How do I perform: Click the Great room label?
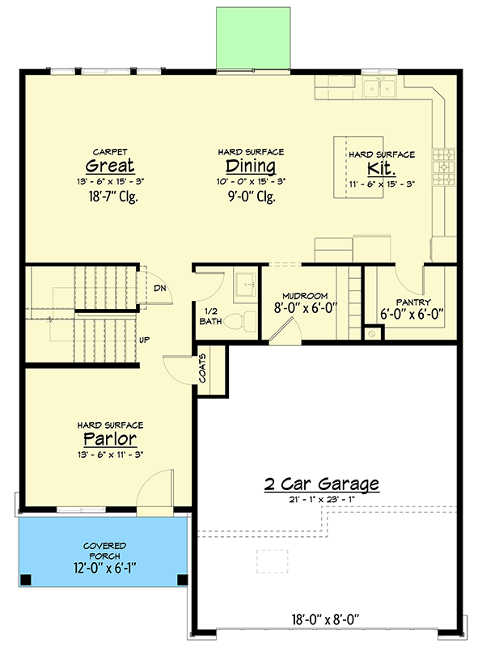tap(110, 166)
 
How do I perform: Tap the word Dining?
tap(251, 166)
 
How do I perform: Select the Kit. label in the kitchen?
tap(381, 168)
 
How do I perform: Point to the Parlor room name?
tap(110, 439)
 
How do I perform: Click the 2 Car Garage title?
tap(322, 484)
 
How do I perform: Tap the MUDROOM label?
tap(305, 296)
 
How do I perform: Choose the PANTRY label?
tap(413, 302)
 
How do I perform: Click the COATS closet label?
tap(203, 368)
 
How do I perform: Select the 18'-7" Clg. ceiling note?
tap(113, 197)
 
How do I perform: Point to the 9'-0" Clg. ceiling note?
tap(252, 197)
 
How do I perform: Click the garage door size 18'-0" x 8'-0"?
tap(326, 620)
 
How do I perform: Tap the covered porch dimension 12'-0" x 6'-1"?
tap(105, 569)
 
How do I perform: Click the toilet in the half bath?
tap(240, 321)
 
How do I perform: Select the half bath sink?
tap(245, 285)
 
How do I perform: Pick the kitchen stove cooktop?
tap(444, 167)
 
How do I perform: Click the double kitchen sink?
tap(379, 87)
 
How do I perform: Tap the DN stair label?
tap(159, 288)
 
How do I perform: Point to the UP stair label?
tap(144, 340)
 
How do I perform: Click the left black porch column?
tap(26, 580)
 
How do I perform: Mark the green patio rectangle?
tap(253, 38)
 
